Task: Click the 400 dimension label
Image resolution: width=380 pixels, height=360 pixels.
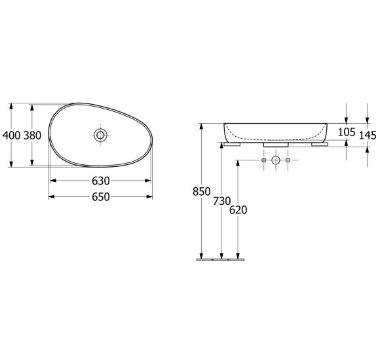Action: click(x=11, y=135)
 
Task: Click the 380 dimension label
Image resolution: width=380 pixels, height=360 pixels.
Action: click(x=32, y=135)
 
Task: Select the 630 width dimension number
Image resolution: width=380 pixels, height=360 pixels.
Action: click(x=101, y=181)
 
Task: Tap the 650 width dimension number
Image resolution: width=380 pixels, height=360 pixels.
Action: click(x=101, y=197)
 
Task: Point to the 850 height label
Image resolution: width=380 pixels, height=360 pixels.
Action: click(x=201, y=192)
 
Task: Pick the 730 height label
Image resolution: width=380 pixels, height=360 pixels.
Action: click(x=221, y=201)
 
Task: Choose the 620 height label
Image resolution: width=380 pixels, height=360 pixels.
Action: click(x=238, y=210)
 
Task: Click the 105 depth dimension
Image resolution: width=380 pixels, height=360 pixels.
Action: click(x=347, y=132)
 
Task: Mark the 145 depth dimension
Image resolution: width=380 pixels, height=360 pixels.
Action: click(x=368, y=135)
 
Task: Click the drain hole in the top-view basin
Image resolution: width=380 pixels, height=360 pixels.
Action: click(x=100, y=135)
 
